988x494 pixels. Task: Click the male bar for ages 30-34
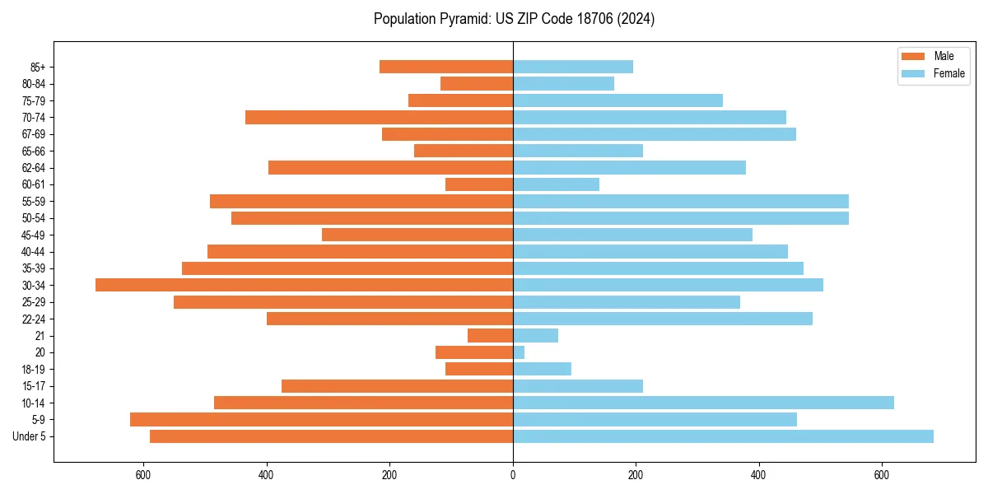(305, 285)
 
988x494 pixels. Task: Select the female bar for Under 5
(723, 436)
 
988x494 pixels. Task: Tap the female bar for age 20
(519, 352)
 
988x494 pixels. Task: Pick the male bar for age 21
(491, 335)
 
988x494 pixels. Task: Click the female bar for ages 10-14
(703, 403)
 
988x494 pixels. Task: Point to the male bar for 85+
(446, 67)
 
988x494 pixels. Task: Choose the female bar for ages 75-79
(617, 100)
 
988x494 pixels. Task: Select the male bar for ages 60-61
(479, 184)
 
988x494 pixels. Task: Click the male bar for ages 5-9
(321, 419)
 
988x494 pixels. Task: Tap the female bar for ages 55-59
(680, 201)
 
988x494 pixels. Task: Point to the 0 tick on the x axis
(513, 475)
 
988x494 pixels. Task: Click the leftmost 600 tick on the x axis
(144, 475)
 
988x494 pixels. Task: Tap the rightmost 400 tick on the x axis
(758, 475)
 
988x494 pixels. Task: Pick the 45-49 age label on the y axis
(34, 235)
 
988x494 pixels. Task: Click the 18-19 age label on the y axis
(34, 369)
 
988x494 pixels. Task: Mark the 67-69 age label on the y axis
(34, 134)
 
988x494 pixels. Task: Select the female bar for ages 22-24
(663, 319)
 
